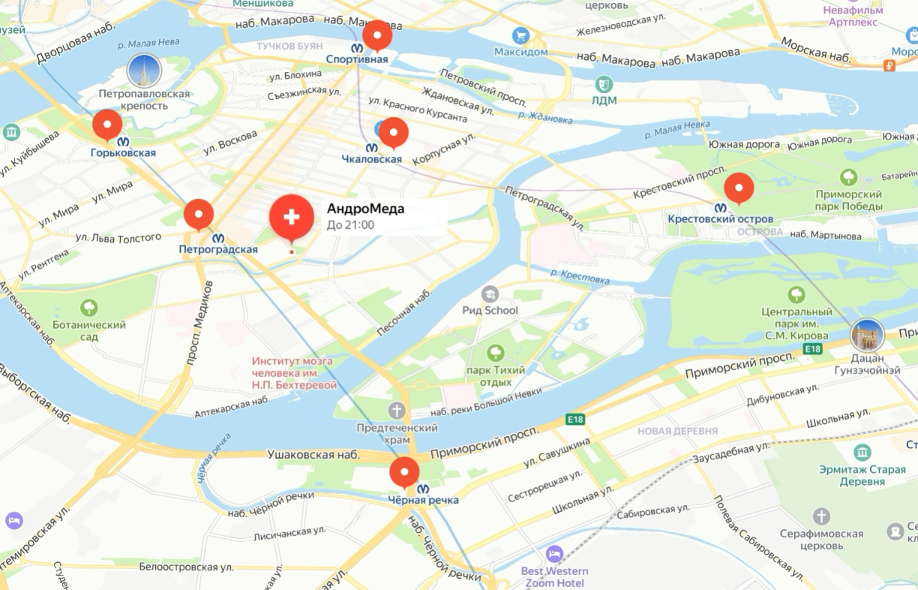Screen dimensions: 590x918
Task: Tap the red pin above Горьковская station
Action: point(107,125)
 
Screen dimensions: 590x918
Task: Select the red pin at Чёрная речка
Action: point(405,472)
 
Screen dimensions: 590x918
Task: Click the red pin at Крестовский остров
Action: point(739,188)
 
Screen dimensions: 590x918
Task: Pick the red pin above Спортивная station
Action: point(377,35)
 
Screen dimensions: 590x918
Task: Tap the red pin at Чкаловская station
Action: point(394,133)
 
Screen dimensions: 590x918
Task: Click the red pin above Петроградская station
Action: point(199,214)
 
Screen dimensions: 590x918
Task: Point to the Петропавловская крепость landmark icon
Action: point(144,71)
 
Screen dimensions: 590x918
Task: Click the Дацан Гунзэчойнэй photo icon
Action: point(867,336)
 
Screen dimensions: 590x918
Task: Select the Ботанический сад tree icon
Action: point(89,307)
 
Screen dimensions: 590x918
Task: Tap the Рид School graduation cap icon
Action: point(490,293)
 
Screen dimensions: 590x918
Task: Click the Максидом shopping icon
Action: point(520,35)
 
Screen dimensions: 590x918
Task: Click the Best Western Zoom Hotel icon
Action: point(554,554)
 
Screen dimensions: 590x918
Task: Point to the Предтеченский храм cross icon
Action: point(397,411)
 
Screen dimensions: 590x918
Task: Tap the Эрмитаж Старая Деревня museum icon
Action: point(862,453)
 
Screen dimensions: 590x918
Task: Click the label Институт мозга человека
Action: point(293,373)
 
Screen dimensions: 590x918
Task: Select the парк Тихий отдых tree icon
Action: point(495,352)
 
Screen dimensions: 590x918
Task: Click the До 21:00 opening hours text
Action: point(350,224)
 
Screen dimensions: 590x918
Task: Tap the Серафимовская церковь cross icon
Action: point(822,516)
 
